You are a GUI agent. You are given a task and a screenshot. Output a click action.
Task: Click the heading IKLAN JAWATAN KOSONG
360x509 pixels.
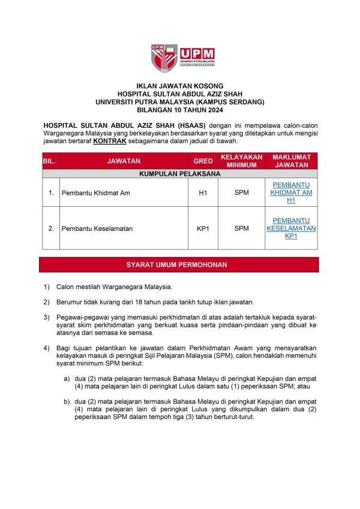(x=179, y=86)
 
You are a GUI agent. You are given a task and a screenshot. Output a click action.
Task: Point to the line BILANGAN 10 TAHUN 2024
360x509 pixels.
(x=179, y=110)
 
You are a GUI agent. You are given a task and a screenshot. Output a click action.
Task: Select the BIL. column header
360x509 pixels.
(x=49, y=161)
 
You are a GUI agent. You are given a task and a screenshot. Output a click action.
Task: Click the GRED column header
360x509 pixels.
(x=203, y=161)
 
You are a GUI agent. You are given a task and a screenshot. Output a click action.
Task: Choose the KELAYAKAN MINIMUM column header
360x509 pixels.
(x=241, y=161)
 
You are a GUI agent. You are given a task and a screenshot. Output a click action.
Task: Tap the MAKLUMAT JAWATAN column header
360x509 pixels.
(x=291, y=161)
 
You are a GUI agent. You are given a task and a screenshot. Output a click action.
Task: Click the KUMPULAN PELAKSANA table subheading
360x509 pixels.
(x=179, y=173)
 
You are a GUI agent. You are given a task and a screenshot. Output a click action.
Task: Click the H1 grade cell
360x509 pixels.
(x=203, y=193)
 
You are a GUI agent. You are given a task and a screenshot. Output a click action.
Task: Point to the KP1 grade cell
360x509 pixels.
(x=203, y=228)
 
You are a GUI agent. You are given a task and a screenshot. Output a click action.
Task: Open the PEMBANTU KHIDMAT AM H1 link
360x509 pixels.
(x=291, y=192)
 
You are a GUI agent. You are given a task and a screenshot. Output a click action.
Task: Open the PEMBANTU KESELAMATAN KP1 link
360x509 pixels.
(x=291, y=228)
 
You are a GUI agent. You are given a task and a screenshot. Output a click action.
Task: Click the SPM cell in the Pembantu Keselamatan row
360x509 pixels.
(x=241, y=228)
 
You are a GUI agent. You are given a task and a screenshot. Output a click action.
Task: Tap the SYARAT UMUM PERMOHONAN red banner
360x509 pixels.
(x=179, y=264)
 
